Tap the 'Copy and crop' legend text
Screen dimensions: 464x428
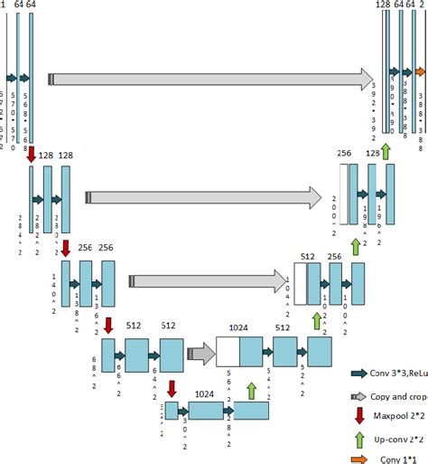[390, 397]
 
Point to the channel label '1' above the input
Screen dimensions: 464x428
[6, 6]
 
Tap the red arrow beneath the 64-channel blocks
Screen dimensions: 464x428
[33, 153]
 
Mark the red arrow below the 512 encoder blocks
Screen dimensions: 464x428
[172, 391]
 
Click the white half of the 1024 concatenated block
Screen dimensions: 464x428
[228, 351]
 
